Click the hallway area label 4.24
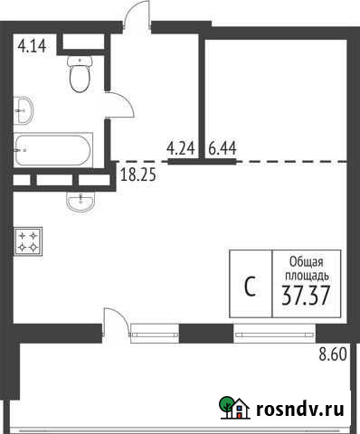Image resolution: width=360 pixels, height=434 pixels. pos(181,146)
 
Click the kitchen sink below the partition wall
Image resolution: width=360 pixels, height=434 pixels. pos(79,201)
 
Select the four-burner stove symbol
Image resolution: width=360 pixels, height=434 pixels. pos(26,241)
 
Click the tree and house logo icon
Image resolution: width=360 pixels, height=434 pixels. pos(232,410)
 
